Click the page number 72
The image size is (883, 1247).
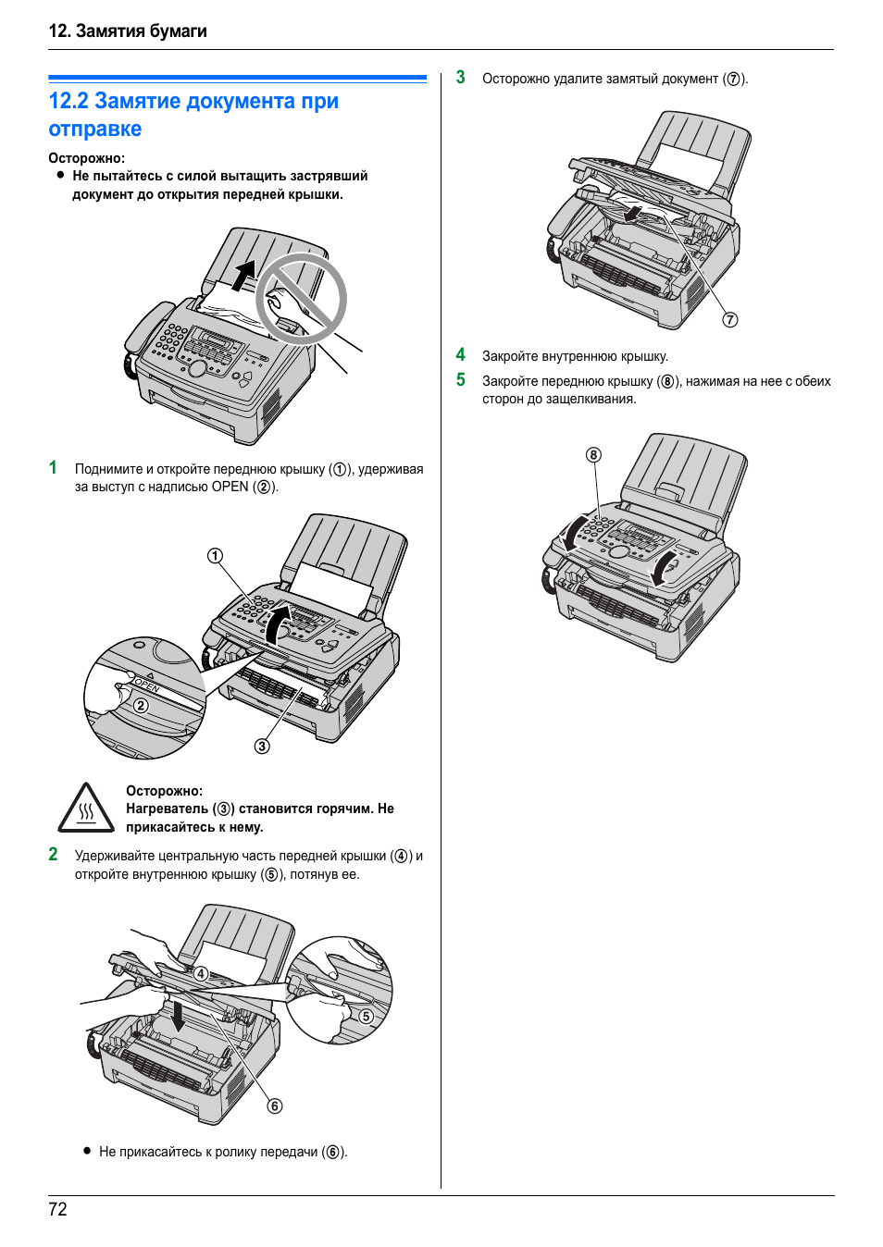pyautogui.click(x=57, y=1209)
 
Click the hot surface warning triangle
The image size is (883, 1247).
pyautogui.click(x=86, y=809)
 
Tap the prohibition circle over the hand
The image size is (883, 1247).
pyautogui.click(x=301, y=300)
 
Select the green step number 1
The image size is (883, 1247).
pyautogui.click(x=53, y=468)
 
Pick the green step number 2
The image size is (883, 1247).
pyautogui.click(x=53, y=855)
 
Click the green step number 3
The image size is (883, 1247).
pyautogui.click(x=460, y=78)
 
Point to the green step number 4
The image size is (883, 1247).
pyautogui.click(x=460, y=355)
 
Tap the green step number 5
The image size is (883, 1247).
pyautogui.click(x=460, y=380)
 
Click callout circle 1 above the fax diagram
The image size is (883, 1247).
pyautogui.click(x=215, y=556)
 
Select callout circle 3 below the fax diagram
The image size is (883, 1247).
pyautogui.click(x=262, y=747)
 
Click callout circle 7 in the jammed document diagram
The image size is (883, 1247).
pyautogui.click(x=730, y=320)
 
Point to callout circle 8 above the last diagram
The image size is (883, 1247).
pyautogui.click(x=593, y=455)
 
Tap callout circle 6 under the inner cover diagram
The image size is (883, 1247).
pyautogui.click(x=275, y=1106)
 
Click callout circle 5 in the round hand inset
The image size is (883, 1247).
pyautogui.click(x=367, y=1016)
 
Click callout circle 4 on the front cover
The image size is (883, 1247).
pyautogui.click(x=201, y=973)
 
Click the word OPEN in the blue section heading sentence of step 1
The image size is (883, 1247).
pyautogui.click(x=230, y=487)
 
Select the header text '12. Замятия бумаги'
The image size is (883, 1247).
pyautogui.click(x=128, y=31)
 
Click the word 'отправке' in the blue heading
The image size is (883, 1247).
pyautogui.click(x=95, y=129)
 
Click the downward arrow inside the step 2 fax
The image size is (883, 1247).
pyautogui.click(x=178, y=1016)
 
